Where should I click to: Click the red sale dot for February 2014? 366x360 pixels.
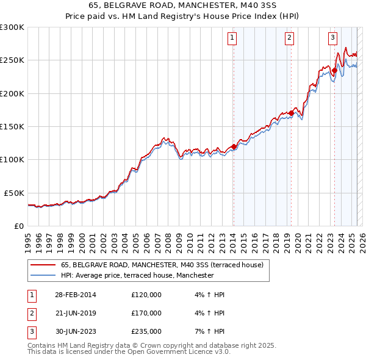pyautogui.click(x=234, y=146)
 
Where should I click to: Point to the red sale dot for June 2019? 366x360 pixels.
pyautogui.click(x=292, y=113)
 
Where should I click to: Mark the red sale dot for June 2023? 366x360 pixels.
pyautogui.click(x=335, y=70)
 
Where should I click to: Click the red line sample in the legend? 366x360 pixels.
pyautogui.click(x=43, y=265)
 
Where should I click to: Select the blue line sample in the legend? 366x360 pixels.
pyautogui.click(x=43, y=276)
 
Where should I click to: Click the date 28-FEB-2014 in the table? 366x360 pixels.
pyautogui.click(x=76, y=295)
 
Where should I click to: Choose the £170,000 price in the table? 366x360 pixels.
pyautogui.click(x=146, y=313)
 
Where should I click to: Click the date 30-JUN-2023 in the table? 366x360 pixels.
pyautogui.click(x=76, y=331)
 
